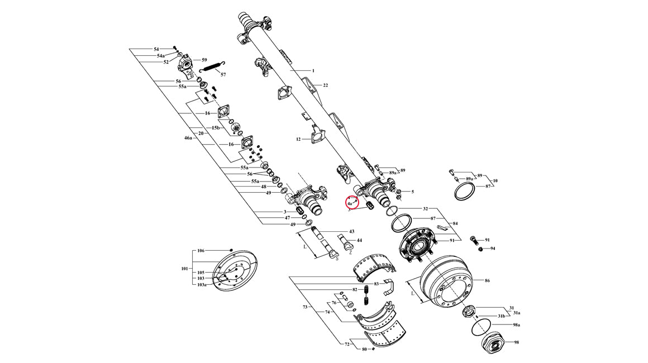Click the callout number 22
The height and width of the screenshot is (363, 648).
tap(325, 85)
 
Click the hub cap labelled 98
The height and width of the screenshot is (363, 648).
tap(493, 343)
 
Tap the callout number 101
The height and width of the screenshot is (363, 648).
tap(185, 269)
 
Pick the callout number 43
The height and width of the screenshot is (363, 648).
tap(351, 231)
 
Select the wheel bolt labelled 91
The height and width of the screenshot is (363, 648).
tap(474, 240)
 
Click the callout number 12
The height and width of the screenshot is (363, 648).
tap(298, 139)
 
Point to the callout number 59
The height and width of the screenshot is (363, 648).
tap(204, 60)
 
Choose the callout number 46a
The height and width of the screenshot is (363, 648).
tap(188, 137)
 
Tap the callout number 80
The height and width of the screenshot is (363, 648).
tap(364, 349)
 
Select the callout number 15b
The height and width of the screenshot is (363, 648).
tap(216, 128)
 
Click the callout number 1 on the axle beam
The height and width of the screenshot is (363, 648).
tap(313, 71)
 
